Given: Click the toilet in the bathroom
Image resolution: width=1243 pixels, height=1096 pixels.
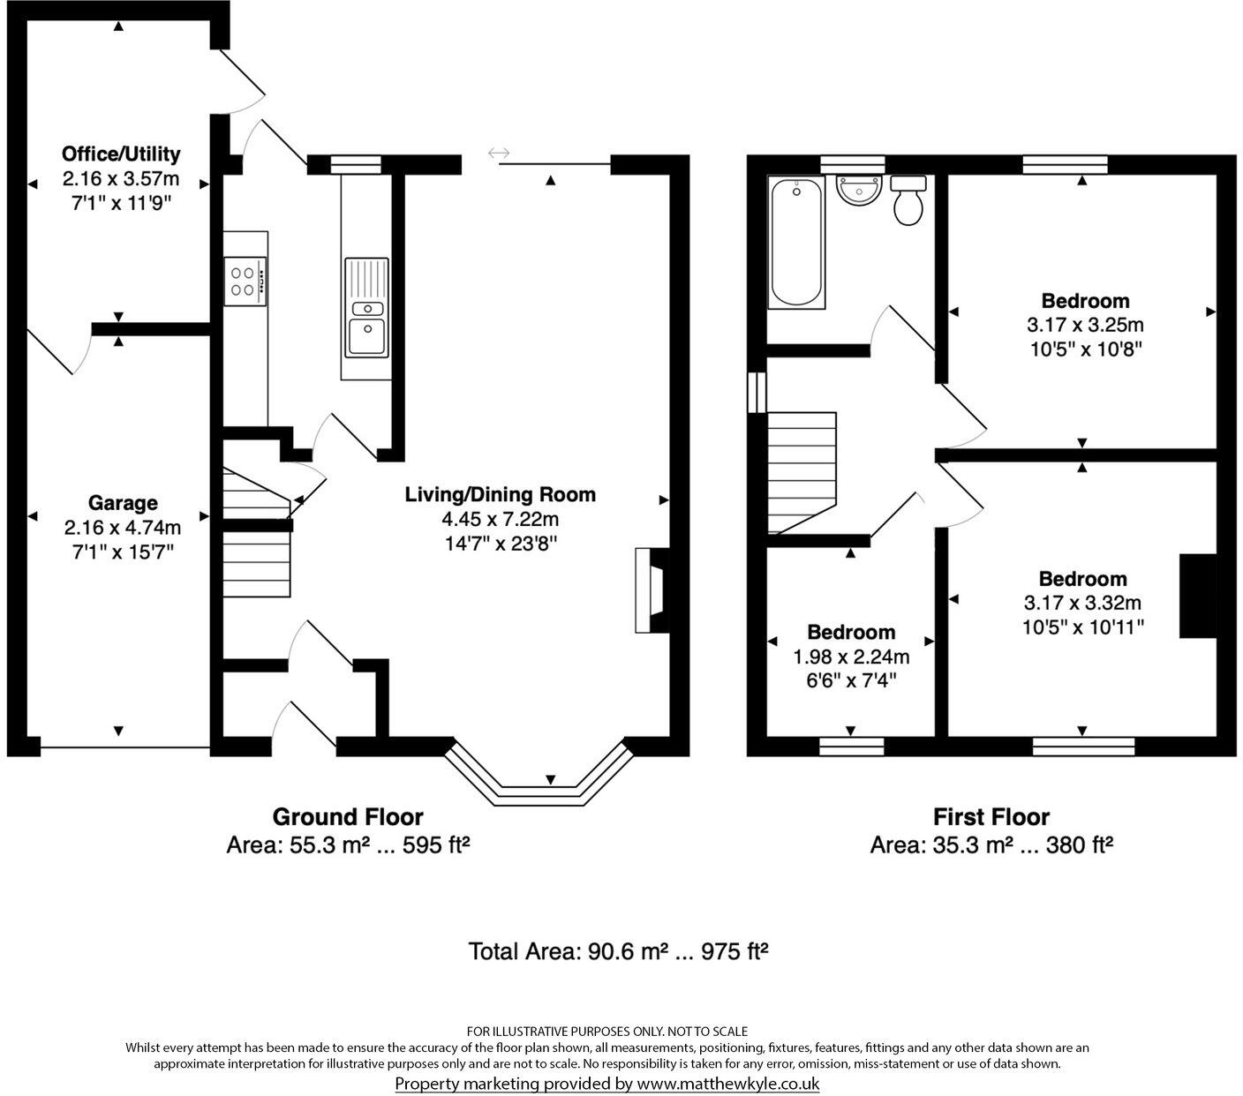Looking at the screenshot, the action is click(x=908, y=200).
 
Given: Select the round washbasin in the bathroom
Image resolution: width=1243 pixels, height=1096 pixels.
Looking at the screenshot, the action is click(x=858, y=190).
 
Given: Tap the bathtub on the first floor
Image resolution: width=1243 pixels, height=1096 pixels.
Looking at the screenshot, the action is click(x=796, y=242).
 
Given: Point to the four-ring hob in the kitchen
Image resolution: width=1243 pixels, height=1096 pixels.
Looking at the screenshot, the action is click(x=245, y=282).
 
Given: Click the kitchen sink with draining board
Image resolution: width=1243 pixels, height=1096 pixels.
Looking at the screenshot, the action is click(x=367, y=307).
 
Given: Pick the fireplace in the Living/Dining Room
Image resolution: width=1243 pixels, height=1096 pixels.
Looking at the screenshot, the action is click(x=652, y=590).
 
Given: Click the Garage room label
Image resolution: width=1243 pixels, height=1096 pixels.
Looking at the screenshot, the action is click(x=123, y=503).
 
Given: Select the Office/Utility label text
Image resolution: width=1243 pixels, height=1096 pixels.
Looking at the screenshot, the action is click(x=122, y=154).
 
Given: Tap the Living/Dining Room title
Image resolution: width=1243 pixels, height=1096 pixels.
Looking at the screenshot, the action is click(x=500, y=494).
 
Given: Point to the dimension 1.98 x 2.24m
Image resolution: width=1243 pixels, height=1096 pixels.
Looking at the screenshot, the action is click(x=851, y=657).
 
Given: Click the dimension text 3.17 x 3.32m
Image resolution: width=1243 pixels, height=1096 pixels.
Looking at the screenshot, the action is click(x=1082, y=603).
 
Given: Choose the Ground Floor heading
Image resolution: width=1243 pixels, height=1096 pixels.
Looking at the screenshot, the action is click(x=348, y=817).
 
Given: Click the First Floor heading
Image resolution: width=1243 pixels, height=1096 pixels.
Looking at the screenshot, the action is click(x=991, y=817).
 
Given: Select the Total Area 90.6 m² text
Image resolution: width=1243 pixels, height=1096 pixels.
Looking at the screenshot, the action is click(x=619, y=951).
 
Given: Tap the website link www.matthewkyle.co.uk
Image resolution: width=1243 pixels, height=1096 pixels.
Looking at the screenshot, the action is click(x=728, y=1084).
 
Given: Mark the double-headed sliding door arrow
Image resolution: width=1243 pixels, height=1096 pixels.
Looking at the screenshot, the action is click(x=499, y=152).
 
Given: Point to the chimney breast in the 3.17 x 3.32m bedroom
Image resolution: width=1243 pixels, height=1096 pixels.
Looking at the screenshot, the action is click(x=1198, y=597).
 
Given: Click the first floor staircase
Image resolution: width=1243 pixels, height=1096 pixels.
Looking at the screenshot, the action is click(x=802, y=472).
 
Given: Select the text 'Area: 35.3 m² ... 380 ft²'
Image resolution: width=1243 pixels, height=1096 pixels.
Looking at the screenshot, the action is click(x=991, y=845).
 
